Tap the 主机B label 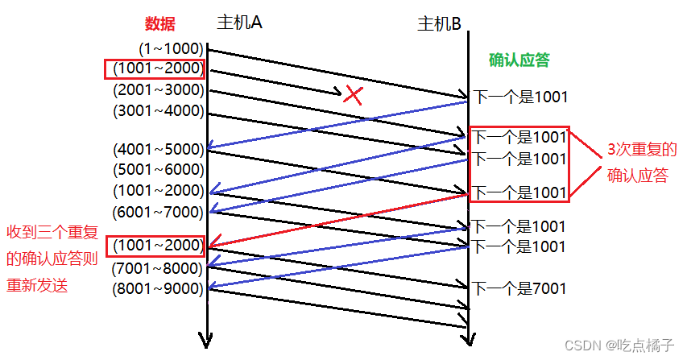(439, 24)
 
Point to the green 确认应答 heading (519, 60)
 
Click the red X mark (352, 95)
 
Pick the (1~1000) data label (171, 48)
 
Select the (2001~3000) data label (159, 89)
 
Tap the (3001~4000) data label (159, 110)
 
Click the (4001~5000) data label (159, 148)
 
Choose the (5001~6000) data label (159, 169)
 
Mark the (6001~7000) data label (159, 212)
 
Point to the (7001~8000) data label (159, 267)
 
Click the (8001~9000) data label (159, 288)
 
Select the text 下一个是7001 (519, 288)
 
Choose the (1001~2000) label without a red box (159, 191)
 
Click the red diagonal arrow (338, 217)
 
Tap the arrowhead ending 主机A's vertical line (209, 339)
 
